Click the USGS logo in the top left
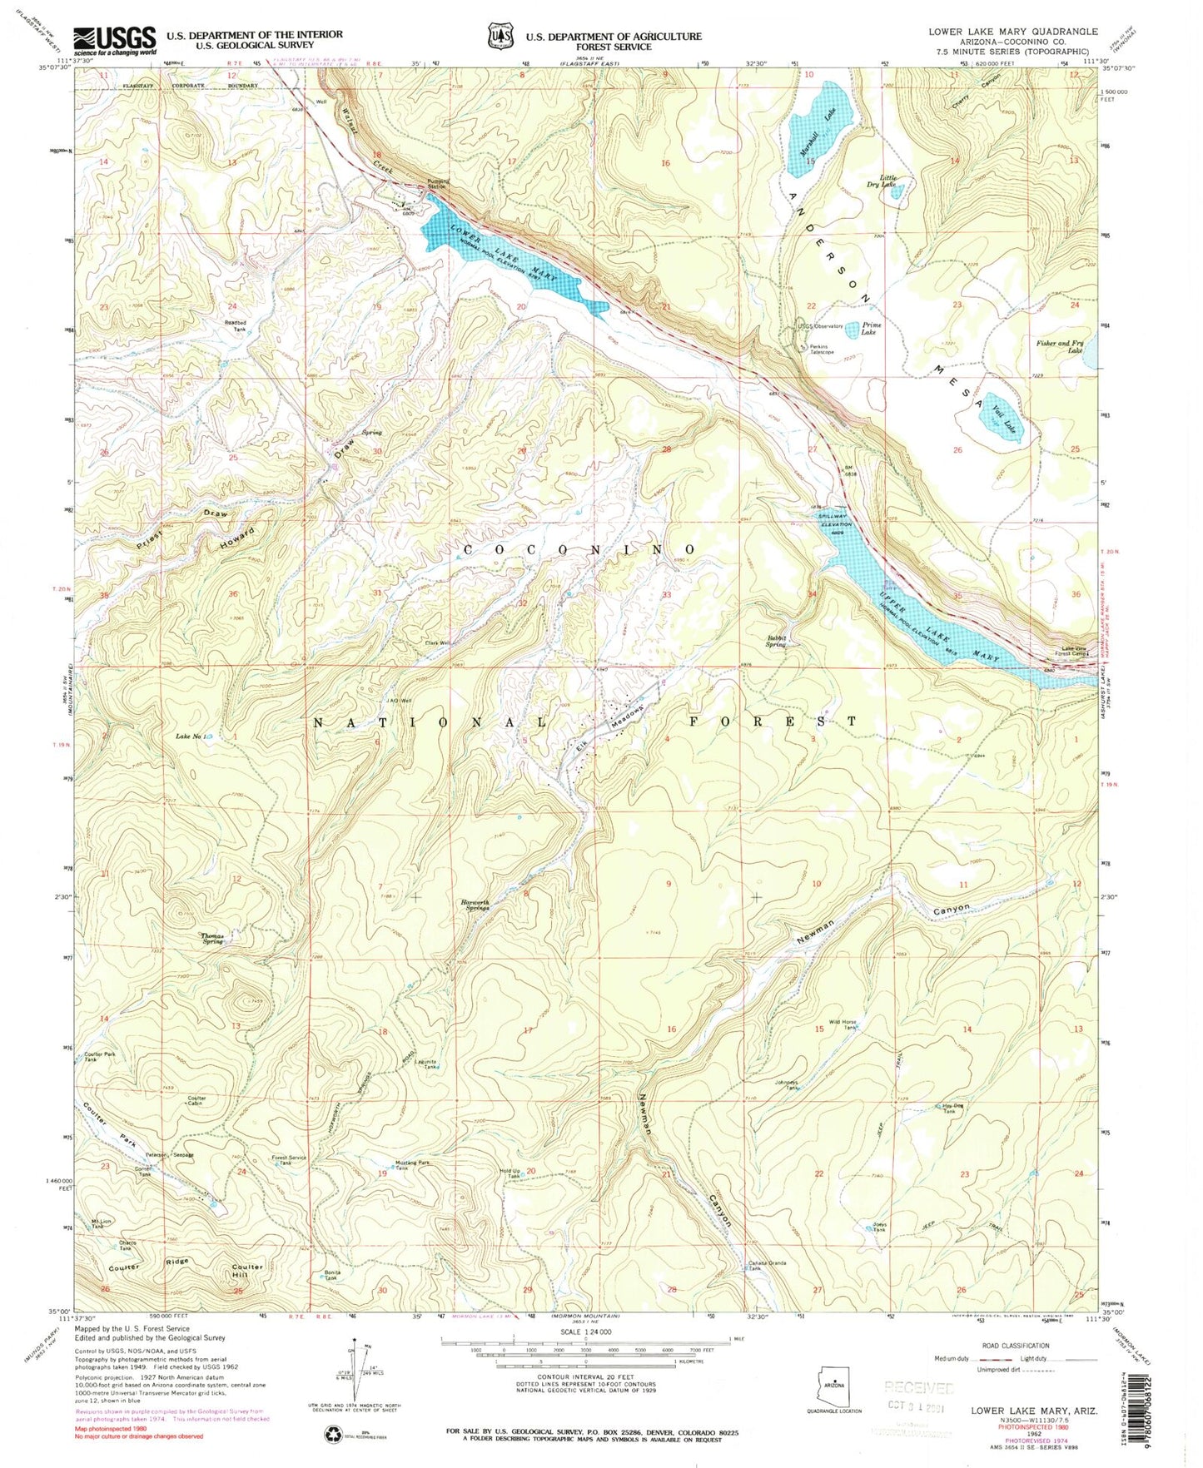coord(115,40)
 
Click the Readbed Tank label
coord(234,326)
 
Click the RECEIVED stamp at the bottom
coord(918,1388)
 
